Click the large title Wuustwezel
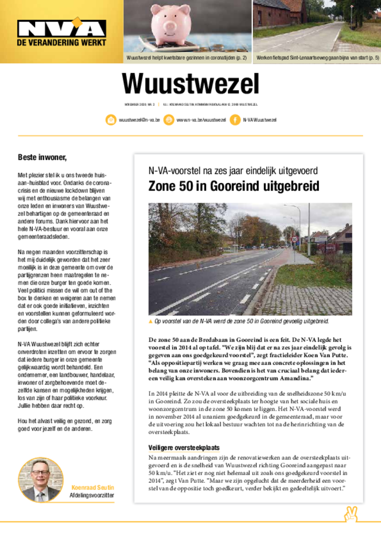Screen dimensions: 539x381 (x=190, y=84)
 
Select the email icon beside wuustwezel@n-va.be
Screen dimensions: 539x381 (x=111, y=120)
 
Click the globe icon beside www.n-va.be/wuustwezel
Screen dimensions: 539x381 (x=168, y=120)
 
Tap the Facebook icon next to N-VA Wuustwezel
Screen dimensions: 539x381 (x=235, y=120)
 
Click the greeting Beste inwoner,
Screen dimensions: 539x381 (x=42, y=157)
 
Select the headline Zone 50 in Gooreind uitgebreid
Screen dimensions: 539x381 (x=234, y=187)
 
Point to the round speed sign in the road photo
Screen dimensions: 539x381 (x=295, y=239)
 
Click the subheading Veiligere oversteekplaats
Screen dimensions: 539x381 (x=184, y=448)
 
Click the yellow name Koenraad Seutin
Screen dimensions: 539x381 (x=93, y=487)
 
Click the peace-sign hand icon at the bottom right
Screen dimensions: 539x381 (x=350, y=514)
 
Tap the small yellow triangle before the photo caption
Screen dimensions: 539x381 (x=151, y=321)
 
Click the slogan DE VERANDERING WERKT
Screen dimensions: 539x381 (x=62, y=43)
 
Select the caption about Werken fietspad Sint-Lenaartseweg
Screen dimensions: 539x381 (x=317, y=57)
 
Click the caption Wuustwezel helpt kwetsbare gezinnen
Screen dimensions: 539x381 (x=187, y=57)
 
